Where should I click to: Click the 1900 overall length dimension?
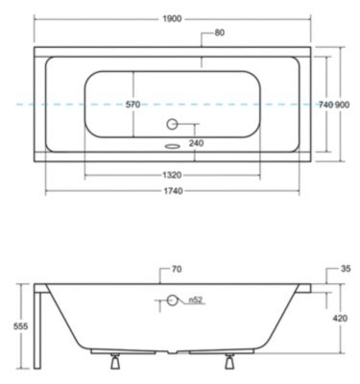click(x=172, y=19)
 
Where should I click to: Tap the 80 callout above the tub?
click(x=220, y=33)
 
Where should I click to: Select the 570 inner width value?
click(x=132, y=105)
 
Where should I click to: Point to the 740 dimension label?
click(x=326, y=105)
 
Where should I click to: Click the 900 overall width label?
click(x=342, y=105)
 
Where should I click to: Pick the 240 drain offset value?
click(x=196, y=143)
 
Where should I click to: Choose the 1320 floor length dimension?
click(x=172, y=175)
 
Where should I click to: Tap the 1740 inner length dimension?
click(x=173, y=191)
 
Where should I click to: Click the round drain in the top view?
click(x=172, y=124)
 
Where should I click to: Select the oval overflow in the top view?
click(x=172, y=146)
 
